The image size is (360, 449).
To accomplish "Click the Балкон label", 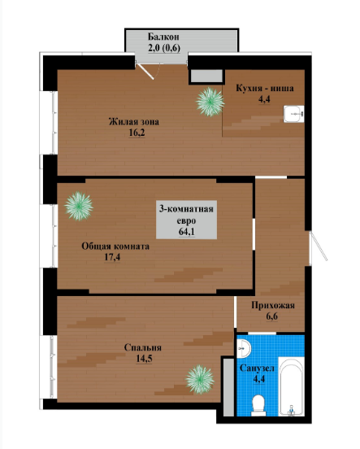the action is pyautogui.click(x=163, y=37).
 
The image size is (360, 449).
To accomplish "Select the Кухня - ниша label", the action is pyautogui.click(x=265, y=88).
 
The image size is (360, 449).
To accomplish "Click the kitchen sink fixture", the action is pyautogui.click(x=293, y=114).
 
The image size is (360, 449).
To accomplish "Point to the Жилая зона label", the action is pyautogui.click(x=134, y=122).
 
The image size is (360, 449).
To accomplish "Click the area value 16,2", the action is pyautogui.click(x=137, y=133).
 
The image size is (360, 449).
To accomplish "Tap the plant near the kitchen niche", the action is pyautogui.click(x=210, y=102).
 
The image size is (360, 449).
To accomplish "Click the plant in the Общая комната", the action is pyautogui.click(x=79, y=206).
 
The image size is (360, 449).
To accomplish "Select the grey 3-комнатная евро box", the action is pyautogui.click(x=186, y=220).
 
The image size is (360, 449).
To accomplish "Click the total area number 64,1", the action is pyautogui.click(x=187, y=231).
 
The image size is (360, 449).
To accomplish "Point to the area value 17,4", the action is pyautogui.click(x=112, y=257).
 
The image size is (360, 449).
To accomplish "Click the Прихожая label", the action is pyautogui.click(x=273, y=306).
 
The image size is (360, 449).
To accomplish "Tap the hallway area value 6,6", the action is pyautogui.click(x=272, y=316).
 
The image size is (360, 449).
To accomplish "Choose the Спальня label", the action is pyautogui.click(x=143, y=347).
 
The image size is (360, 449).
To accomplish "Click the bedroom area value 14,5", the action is pyautogui.click(x=144, y=359).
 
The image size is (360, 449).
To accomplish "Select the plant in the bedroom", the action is pyautogui.click(x=200, y=379).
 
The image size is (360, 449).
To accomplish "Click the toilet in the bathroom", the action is pyautogui.click(x=258, y=405).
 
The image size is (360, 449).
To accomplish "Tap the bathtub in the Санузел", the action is pyautogui.click(x=291, y=386).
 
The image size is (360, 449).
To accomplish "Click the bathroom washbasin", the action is pyautogui.click(x=243, y=347).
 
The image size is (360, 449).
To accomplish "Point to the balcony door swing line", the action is pyautogui.click(x=145, y=72).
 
